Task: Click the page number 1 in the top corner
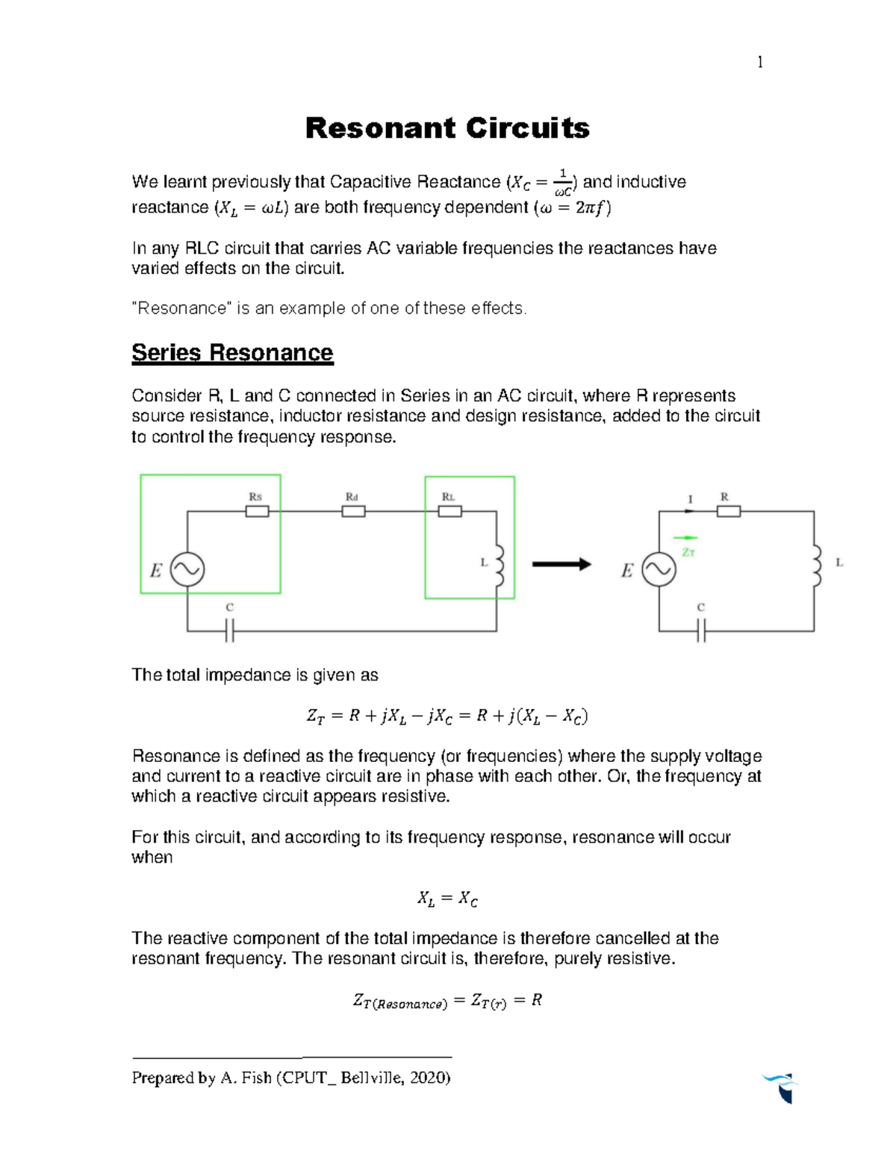pyautogui.click(x=760, y=63)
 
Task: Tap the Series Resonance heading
pyautogui.click(x=232, y=352)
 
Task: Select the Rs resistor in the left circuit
pyautogui.click(x=257, y=511)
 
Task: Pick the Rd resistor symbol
pyautogui.click(x=353, y=511)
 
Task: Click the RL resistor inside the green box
pyautogui.click(x=449, y=511)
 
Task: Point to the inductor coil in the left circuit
pyautogui.click(x=499, y=566)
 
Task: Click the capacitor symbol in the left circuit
pyautogui.click(x=230, y=631)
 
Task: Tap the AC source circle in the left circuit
pyautogui.click(x=187, y=570)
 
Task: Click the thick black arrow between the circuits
pyautogui.click(x=561, y=565)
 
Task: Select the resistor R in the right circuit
pyautogui.click(x=728, y=511)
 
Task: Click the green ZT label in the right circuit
pyautogui.click(x=688, y=552)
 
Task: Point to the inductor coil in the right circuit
pyautogui.click(x=817, y=566)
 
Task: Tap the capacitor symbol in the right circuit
pyautogui.click(x=701, y=631)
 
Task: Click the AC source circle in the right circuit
pyautogui.click(x=659, y=570)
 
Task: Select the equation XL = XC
pyautogui.click(x=447, y=899)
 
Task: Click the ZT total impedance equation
pyautogui.click(x=447, y=716)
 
